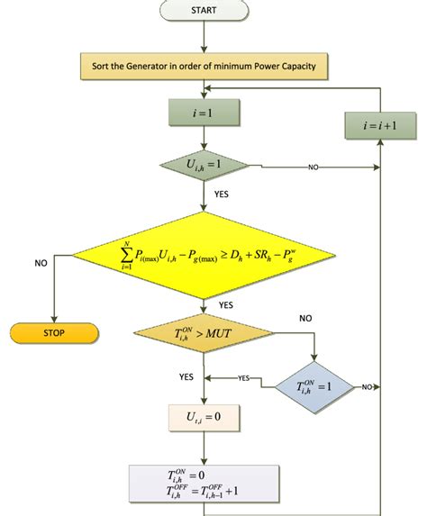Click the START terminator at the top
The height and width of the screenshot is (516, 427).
[x=204, y=10]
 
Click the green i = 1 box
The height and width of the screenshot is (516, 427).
[x=204, y=113]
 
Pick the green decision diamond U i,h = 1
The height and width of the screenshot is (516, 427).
[x=204, y=166]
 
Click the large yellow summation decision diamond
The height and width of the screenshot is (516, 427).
[x=204, y=255]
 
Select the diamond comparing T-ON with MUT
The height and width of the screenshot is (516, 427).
[x=204, y=334]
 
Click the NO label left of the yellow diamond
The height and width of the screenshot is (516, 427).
[x=41, y=264]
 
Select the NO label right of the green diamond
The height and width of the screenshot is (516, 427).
[x=313, y=167]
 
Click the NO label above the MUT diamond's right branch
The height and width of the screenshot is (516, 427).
[x=306, y=318]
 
